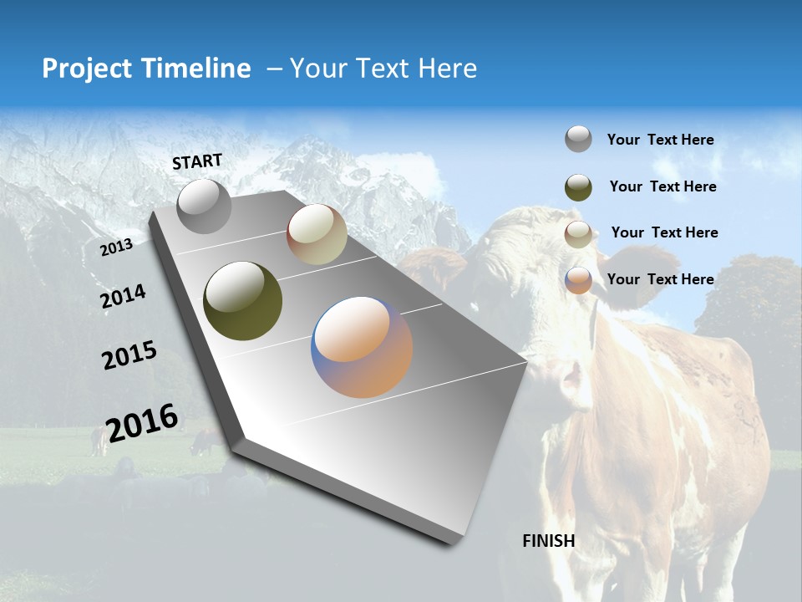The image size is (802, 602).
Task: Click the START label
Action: pos(197,161)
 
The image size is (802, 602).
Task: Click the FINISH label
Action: pos(548,541)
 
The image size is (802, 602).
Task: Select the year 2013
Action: pos(116,247)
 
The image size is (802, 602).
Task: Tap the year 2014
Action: pos(123,297)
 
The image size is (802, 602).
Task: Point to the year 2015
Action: pos(129,355)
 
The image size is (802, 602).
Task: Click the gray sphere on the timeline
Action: pos(204,206)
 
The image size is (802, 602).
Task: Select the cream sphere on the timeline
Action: pos(317,234)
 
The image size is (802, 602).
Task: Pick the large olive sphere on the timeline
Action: pos(242,301)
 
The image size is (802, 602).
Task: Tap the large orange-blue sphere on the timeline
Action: pos(362,346)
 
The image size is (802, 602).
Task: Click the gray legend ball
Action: pos(578,139)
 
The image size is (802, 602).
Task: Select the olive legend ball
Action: pos(578,186)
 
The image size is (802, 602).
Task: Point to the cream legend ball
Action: pos(578,233)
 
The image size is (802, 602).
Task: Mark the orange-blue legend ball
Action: pos(578,280)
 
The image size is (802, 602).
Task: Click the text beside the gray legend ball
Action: pos(660,140)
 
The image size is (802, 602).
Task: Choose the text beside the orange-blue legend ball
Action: pos(660,279)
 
